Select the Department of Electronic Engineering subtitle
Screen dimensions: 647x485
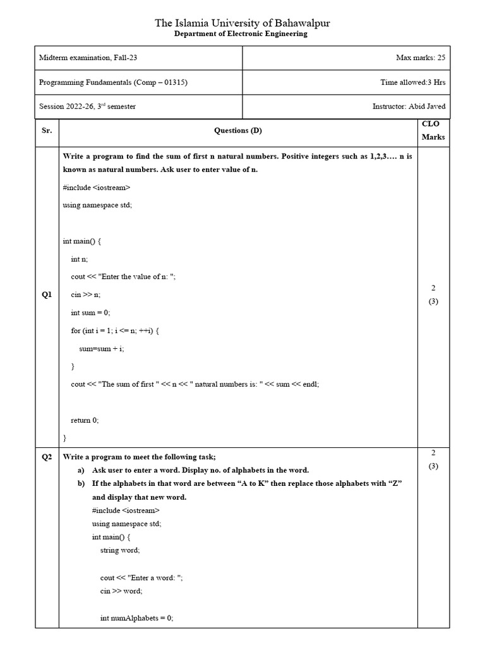tap(241, 34)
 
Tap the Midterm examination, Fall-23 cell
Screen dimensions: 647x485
tap(88, 58)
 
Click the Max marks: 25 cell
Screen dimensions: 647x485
tap(421, 58)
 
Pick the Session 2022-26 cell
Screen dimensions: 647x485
tap(87, 106)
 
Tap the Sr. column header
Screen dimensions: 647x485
tap(47, 130)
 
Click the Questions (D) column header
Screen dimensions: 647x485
tap(238, 130)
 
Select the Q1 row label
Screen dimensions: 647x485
tap(47, 294)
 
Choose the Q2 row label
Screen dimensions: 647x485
tap(47, 457)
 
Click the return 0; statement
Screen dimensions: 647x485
tap(85, 420)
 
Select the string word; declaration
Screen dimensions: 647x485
tap(120, 550)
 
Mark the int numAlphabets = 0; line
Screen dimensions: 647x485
tap(136, 618)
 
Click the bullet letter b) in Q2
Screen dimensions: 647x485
tap(81, 483)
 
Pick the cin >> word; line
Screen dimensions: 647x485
tap(121, 591)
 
